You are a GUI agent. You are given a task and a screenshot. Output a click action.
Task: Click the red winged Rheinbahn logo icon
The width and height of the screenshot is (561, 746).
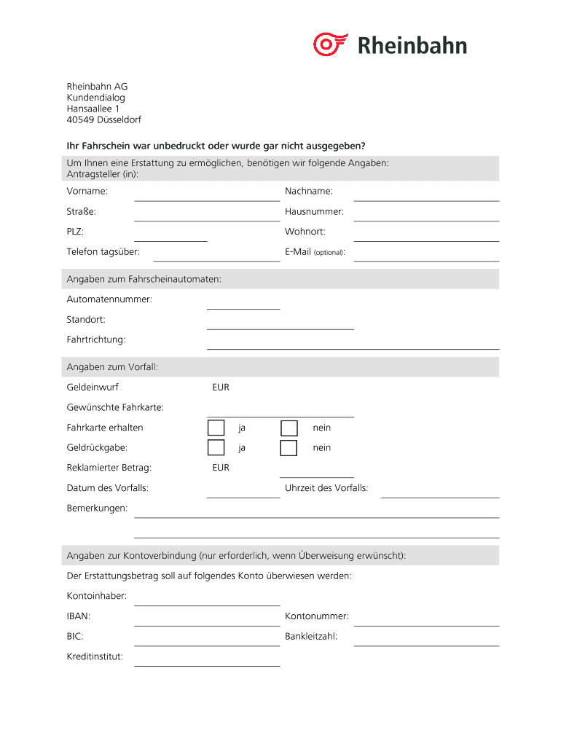click(x=331, y=44)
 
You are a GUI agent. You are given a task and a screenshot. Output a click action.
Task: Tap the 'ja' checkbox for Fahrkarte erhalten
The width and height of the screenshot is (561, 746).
click(x=216, y=428)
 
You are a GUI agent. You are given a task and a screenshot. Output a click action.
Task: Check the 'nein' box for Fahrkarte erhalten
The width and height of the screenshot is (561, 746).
click(x=289, y=428)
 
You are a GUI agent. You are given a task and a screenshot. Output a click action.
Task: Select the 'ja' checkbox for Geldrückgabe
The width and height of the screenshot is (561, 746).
click(x=216, y=447)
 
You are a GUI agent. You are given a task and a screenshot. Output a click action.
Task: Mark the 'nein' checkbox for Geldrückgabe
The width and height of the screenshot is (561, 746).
click(x=289, y=447)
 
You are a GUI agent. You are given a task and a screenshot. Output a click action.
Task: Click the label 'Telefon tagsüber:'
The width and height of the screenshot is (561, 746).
click(x=103, y=251)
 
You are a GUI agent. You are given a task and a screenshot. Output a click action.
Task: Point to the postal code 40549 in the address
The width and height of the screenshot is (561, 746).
click(x=81, y=119)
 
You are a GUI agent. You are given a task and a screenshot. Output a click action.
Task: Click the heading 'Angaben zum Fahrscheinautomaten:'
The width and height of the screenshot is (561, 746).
click(x=144, y=279)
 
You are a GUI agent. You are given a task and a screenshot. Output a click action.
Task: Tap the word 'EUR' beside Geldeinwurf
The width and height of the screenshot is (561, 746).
click(x=221, y=388)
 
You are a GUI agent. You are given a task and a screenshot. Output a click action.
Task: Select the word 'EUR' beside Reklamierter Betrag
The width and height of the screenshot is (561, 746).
click(x=221, y=468)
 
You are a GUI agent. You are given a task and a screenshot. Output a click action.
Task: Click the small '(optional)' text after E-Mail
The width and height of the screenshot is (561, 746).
click(x=329, y=253)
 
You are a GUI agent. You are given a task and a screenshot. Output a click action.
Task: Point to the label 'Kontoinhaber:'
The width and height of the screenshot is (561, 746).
click(x=97, y=596)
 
